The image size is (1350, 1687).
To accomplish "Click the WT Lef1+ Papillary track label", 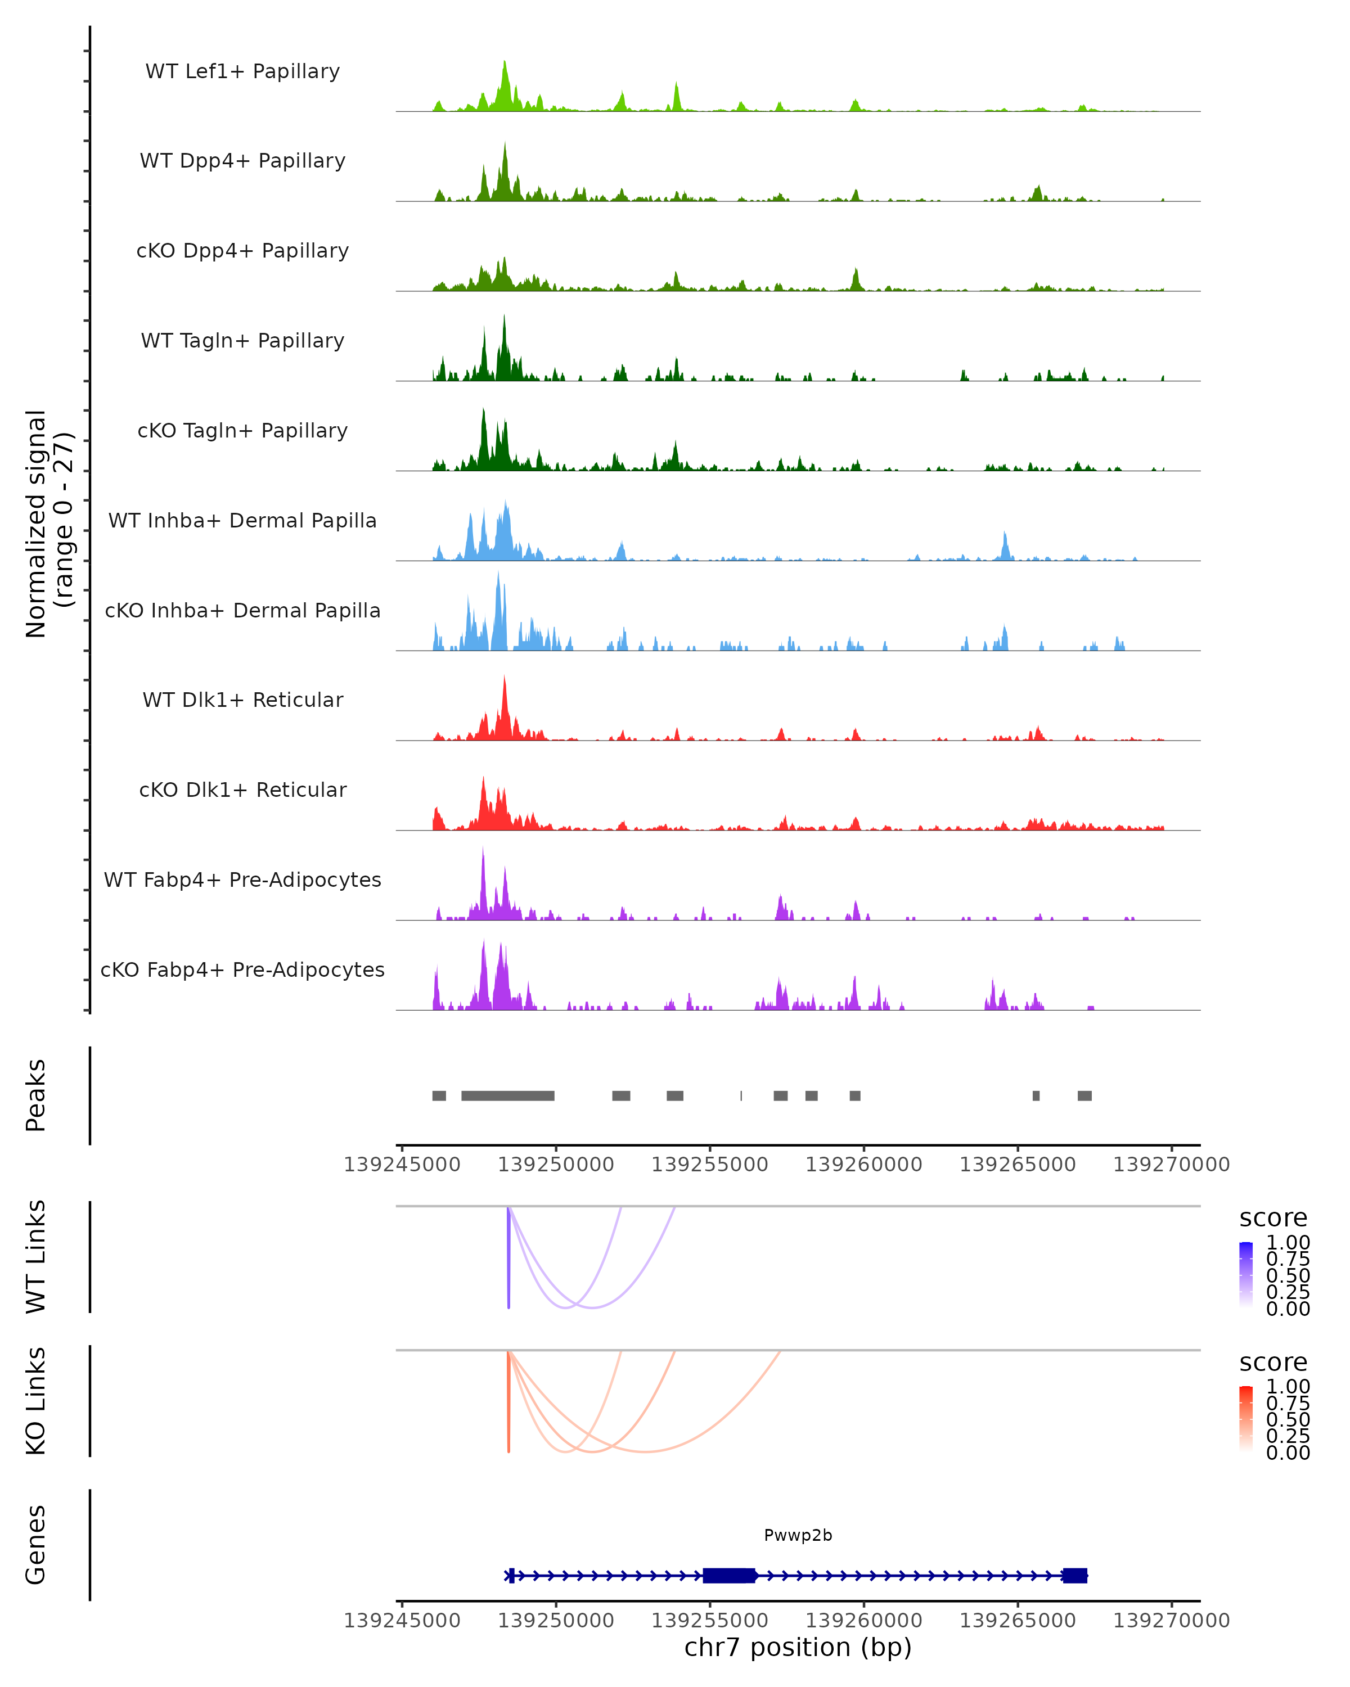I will point(242,71).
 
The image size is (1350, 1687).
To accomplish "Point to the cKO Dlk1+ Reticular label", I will point(242,790).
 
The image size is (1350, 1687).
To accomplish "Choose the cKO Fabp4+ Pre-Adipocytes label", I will point(242,969).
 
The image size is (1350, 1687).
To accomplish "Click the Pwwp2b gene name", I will point(798,1535).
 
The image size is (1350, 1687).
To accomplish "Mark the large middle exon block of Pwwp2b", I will point(728,1575).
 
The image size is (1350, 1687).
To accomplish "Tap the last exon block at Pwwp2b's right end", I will point(1074,1575).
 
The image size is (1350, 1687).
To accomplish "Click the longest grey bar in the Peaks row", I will point(508,1095).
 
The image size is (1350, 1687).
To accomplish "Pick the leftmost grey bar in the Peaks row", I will point(439,1095).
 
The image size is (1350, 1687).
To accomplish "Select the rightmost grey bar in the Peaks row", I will point(1084,1095).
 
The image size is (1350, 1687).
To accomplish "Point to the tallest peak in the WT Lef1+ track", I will point(505,64).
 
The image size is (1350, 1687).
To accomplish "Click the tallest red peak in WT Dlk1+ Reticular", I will point(505,679).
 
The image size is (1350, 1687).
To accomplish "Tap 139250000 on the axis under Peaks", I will point(556,1165).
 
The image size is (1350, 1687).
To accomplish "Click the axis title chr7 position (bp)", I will point(798,1647).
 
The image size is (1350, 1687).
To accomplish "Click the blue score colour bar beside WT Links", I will point(1246,1274).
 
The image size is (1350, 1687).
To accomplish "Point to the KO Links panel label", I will point(36,1401).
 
